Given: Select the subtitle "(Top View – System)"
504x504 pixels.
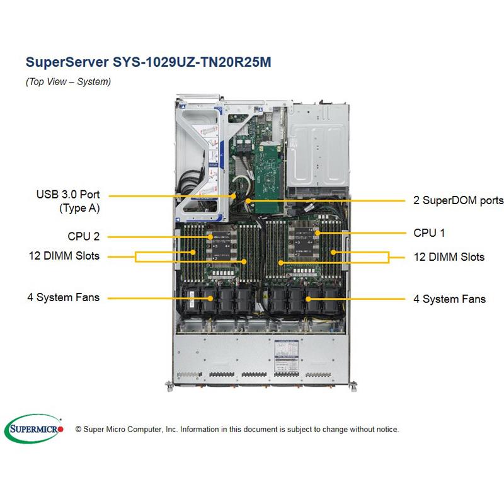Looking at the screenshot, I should pos(68,82).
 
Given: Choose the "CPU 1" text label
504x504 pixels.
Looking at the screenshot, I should pos(429,233).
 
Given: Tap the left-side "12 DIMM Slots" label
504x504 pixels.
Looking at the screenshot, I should pos(64,256).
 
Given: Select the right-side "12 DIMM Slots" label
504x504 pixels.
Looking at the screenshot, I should pos(449,257).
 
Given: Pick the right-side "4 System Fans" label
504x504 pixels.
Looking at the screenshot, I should pos(449,299).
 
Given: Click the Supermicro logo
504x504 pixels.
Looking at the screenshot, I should pos(35,429).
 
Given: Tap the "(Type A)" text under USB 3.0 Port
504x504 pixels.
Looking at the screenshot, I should pos(79,208).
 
